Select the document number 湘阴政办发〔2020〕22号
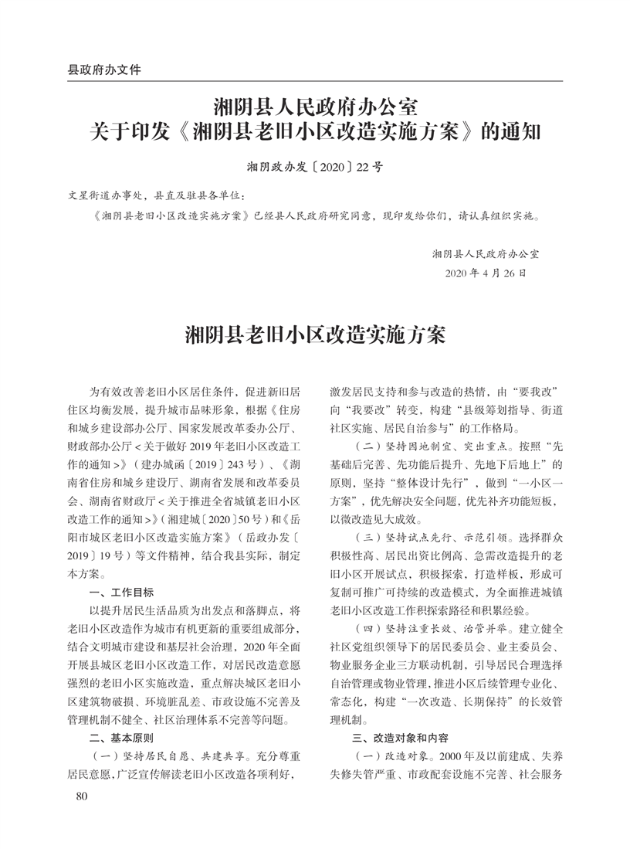click(x=314, y=166)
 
